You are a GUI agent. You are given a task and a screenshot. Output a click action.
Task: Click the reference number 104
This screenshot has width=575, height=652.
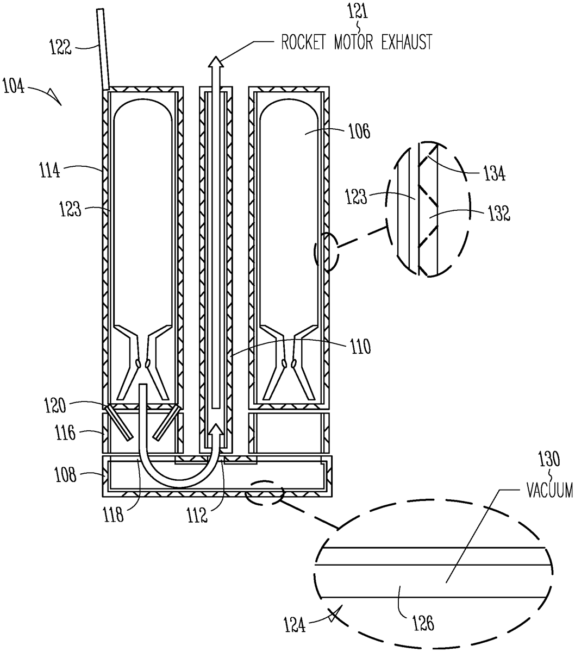(14, 86)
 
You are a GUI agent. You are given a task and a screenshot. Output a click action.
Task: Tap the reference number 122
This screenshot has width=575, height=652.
(60, 47)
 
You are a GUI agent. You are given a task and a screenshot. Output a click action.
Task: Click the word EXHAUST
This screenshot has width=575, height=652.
(407, 42)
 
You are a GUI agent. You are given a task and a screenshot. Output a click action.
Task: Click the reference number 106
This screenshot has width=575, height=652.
(359, 131)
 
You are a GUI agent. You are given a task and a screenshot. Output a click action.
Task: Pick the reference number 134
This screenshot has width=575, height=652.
(494, 174)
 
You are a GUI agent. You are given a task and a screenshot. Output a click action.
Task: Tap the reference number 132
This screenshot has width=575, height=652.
(499, 214)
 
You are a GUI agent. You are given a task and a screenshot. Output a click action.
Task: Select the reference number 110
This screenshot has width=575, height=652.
(360, 347)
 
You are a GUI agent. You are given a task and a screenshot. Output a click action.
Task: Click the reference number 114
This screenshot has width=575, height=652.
(49, 170)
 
